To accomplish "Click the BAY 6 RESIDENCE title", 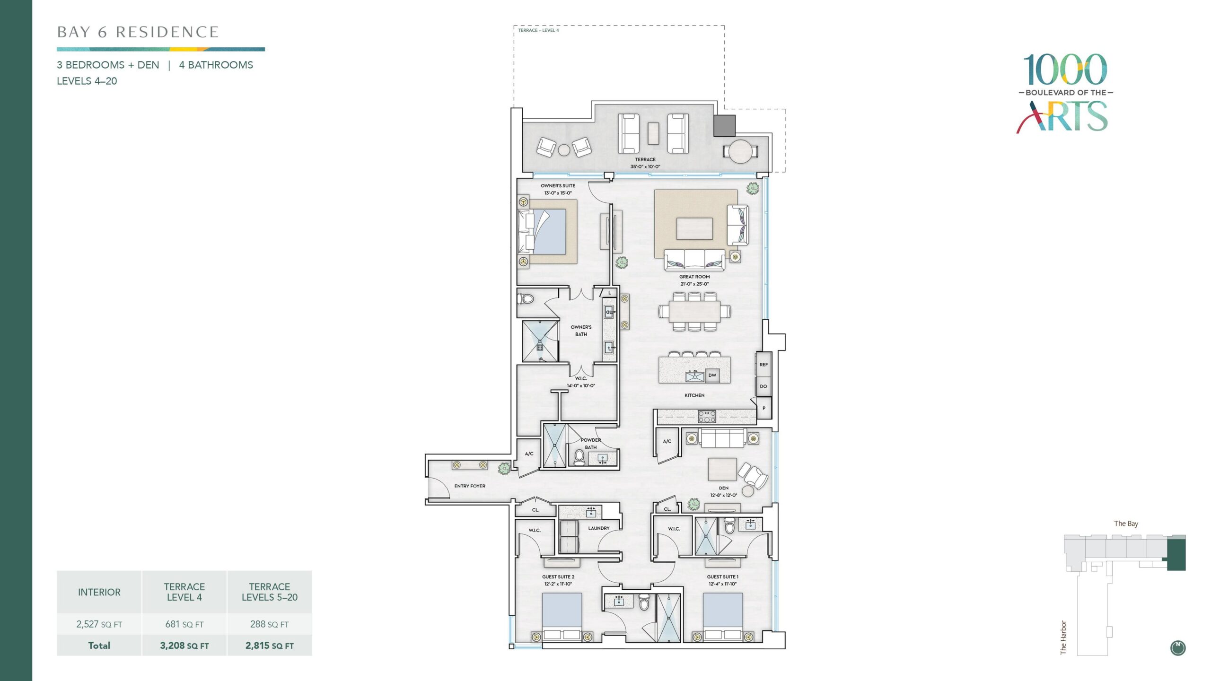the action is tap(138, 32).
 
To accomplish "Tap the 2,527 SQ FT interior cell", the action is tap(99, 624).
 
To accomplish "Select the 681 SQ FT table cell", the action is tap(184, 624).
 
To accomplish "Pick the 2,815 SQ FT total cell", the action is tap(270, 646).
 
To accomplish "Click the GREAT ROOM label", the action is tap(694, 277).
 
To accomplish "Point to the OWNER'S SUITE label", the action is tap(558, 186).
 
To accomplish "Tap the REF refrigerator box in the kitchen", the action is tap(763, 365).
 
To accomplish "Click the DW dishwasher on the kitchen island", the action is tap(712, 375).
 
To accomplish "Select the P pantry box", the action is tap(764, 408).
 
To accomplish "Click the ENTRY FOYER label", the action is tap(470, 486).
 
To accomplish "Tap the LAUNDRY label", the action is tap(599, 528).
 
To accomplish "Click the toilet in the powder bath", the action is tap(579, 457).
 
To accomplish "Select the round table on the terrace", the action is tap(740, 151).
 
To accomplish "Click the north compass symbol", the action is tap(1178, 648).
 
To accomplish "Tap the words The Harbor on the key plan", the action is tap(1063, 637).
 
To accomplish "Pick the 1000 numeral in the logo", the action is tap(1065, 70).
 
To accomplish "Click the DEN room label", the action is tap(724, 488).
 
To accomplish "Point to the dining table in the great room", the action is tap(695, 312).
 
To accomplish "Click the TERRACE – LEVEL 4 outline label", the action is tap(538, 30).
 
